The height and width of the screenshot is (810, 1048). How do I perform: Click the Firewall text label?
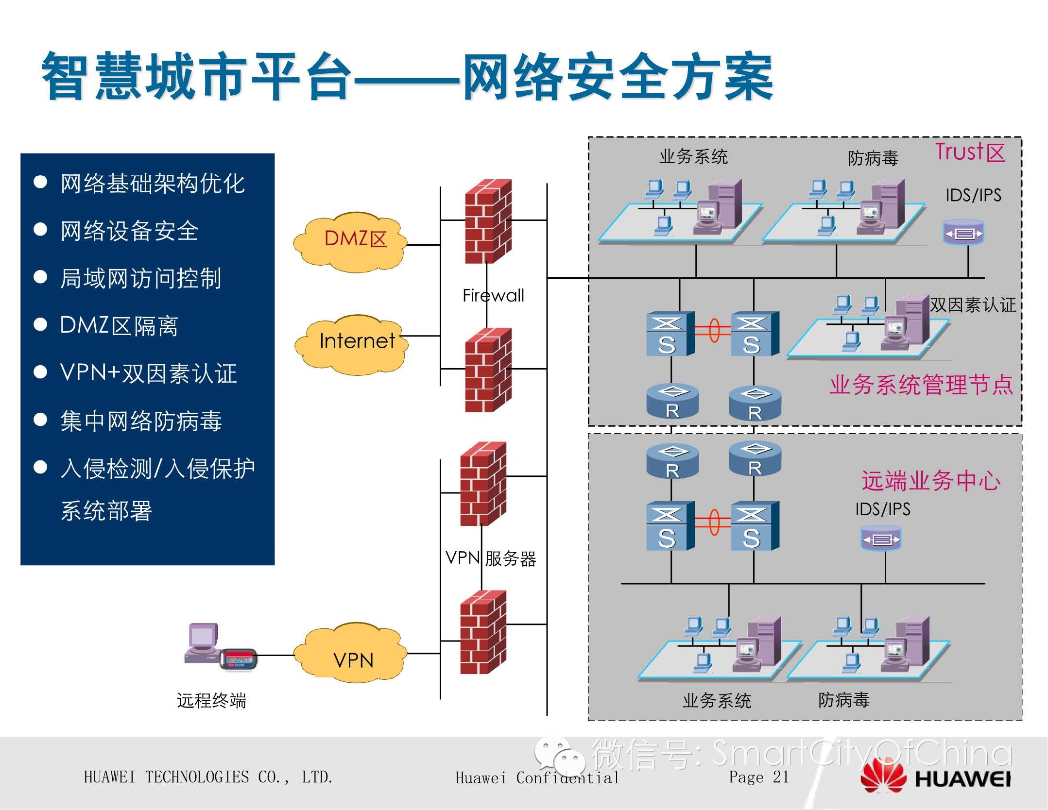[493, 296]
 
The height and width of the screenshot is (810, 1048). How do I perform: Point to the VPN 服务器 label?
[491, 558]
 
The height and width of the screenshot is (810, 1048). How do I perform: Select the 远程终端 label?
[211, 701]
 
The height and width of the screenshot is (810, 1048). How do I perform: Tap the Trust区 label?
[970, 152]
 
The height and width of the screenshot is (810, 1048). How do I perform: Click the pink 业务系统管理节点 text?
[921, 385]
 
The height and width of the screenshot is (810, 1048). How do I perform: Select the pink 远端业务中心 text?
[930, 481]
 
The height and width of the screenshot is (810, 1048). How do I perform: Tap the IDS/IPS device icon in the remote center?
[880, 539]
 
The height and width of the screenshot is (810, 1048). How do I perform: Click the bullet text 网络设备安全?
[129, 231]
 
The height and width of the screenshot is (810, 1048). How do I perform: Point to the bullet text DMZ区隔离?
[119, 326]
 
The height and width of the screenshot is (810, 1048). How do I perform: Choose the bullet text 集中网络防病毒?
[141, 421]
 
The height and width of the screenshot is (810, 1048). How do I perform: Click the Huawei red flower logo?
[883, 778]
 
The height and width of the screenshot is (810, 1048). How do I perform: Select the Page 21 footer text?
[758, 777]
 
